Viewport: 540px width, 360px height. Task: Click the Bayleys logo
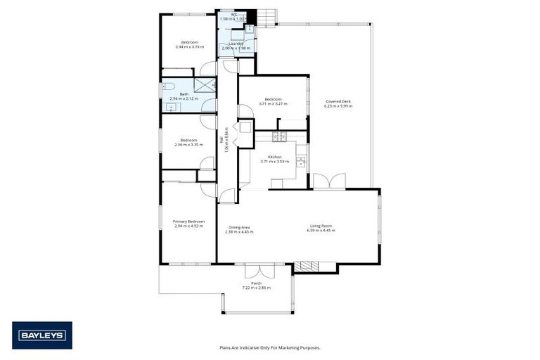tap(41, 335)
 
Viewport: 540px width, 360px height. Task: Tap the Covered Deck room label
tap(337, 101)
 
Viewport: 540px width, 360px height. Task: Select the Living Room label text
tap(321, 226)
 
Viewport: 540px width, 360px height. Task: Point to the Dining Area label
tap(240, 226)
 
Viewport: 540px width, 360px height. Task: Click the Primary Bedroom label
tap(188, 221)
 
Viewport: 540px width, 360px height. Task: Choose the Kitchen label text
tap(274, 156)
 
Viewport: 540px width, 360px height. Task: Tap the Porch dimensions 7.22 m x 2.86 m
tap(256, 288)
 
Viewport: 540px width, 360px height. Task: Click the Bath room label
tap(184, 94)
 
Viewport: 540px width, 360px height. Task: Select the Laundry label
tap(236, 44)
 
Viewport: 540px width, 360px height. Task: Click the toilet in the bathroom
tap(167, 86)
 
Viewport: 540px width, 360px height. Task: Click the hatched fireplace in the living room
tap(305, 266)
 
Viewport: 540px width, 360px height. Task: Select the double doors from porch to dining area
tap(257, 269)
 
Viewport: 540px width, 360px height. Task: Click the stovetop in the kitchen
tap(276, 137)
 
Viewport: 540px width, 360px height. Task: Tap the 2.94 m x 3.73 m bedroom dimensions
tap(189, 47)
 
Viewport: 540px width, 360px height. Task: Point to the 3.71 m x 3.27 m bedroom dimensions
tap(273, 104)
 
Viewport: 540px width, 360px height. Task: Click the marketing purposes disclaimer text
tap(269, 347)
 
